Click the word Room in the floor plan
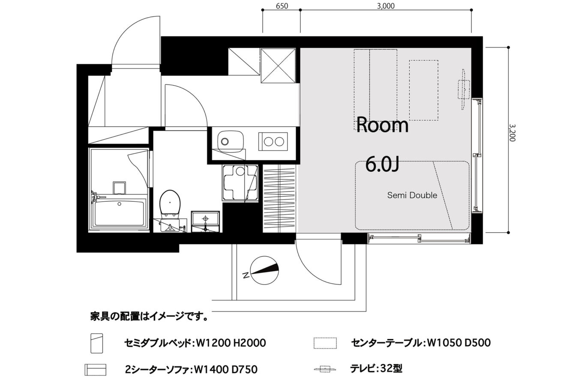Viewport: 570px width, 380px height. point(382,125)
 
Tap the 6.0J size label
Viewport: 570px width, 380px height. point(382,165)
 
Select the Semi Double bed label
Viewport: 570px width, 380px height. point(412,195)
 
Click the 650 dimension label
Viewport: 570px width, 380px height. point(282,6)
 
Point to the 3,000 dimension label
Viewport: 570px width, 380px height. point(386,6)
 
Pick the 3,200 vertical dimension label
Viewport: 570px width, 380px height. point(513,132)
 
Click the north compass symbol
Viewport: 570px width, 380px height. point(264,270)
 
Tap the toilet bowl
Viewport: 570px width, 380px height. point(170,203)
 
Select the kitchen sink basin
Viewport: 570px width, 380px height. point(231,142)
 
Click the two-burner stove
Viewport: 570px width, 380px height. point(273,141)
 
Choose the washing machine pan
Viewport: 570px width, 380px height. point(240,183)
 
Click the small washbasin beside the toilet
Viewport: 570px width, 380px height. point(205,221)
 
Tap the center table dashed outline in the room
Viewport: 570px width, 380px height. point(424,90)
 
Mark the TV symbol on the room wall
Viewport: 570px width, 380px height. point(464,89)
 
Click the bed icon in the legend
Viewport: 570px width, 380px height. point(97,343)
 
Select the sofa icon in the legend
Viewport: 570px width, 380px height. point(96,370)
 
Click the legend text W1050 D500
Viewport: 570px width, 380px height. point(459,343)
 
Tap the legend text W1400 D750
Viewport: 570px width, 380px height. point(226,369)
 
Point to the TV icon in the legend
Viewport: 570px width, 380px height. point(325,368)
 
